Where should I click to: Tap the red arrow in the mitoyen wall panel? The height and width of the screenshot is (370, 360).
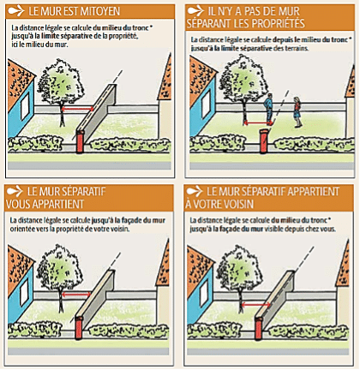pos(77,109)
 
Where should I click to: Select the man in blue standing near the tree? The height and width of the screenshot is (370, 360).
pos(268,109)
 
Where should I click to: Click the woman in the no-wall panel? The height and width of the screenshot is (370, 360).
pos(297,111)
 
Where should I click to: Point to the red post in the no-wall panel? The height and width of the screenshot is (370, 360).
pos(264,141)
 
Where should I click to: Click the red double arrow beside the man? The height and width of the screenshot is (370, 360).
pos(258,123)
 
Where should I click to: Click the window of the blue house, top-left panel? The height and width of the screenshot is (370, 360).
pos(25,106)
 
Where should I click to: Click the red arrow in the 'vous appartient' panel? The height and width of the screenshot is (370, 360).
pos(76,295)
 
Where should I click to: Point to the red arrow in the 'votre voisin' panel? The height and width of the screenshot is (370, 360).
pos(255,305)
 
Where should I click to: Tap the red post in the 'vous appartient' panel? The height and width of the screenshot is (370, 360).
pos(79,327)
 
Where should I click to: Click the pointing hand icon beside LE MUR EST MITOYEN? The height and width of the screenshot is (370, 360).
pos(16,11)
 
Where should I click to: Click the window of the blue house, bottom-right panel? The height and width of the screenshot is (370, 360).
pos(204,294)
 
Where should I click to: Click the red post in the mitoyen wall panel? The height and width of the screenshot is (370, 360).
pos(80,141)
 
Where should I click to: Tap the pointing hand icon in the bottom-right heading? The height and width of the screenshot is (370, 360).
pos(195,192)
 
